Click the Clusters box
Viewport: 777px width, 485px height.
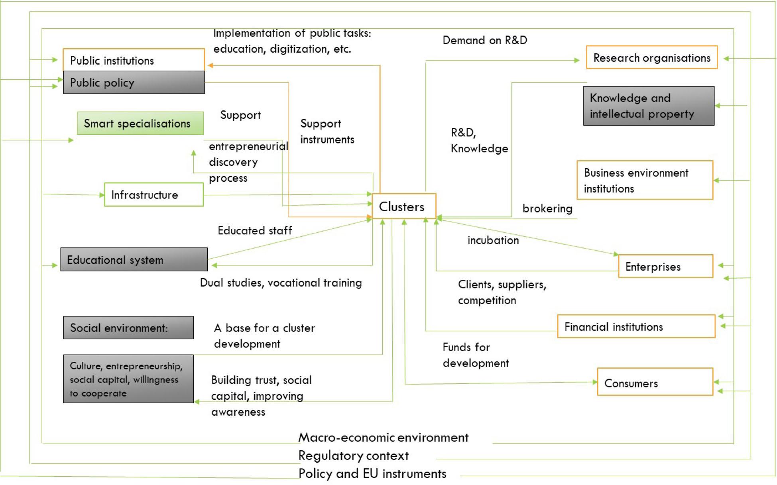coord(403,206)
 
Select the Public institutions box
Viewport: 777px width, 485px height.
coord(134,60)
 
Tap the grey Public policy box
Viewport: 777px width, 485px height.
coord(134,82)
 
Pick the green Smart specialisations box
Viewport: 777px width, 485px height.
coord(140,124)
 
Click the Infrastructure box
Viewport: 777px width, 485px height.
coord(154,195)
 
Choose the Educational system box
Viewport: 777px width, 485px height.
coord(134,260)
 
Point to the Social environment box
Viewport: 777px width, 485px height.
coord(128,328)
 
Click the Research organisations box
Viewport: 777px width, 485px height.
coord(651,58)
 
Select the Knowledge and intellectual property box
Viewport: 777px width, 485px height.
coord(649,106)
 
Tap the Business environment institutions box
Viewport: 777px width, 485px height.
coord(645,181)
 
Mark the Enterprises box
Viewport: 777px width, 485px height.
coord(665,267)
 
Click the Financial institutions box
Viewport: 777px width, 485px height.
coord(636,327)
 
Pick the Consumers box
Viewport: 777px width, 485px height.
coord(655,383)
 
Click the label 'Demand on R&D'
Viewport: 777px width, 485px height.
coord(485,40)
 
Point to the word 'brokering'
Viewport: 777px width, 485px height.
coord(547,208)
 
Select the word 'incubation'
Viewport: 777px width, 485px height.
coord(493,240)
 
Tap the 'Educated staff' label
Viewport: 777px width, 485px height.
coord(255,230)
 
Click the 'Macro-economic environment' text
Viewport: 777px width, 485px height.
coord(383,438)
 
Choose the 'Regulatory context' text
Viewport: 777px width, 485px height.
coord(353,456)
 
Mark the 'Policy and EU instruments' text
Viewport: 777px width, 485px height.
coord(372,473)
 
